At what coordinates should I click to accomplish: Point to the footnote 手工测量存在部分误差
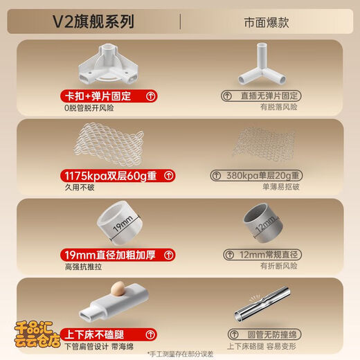179,354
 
